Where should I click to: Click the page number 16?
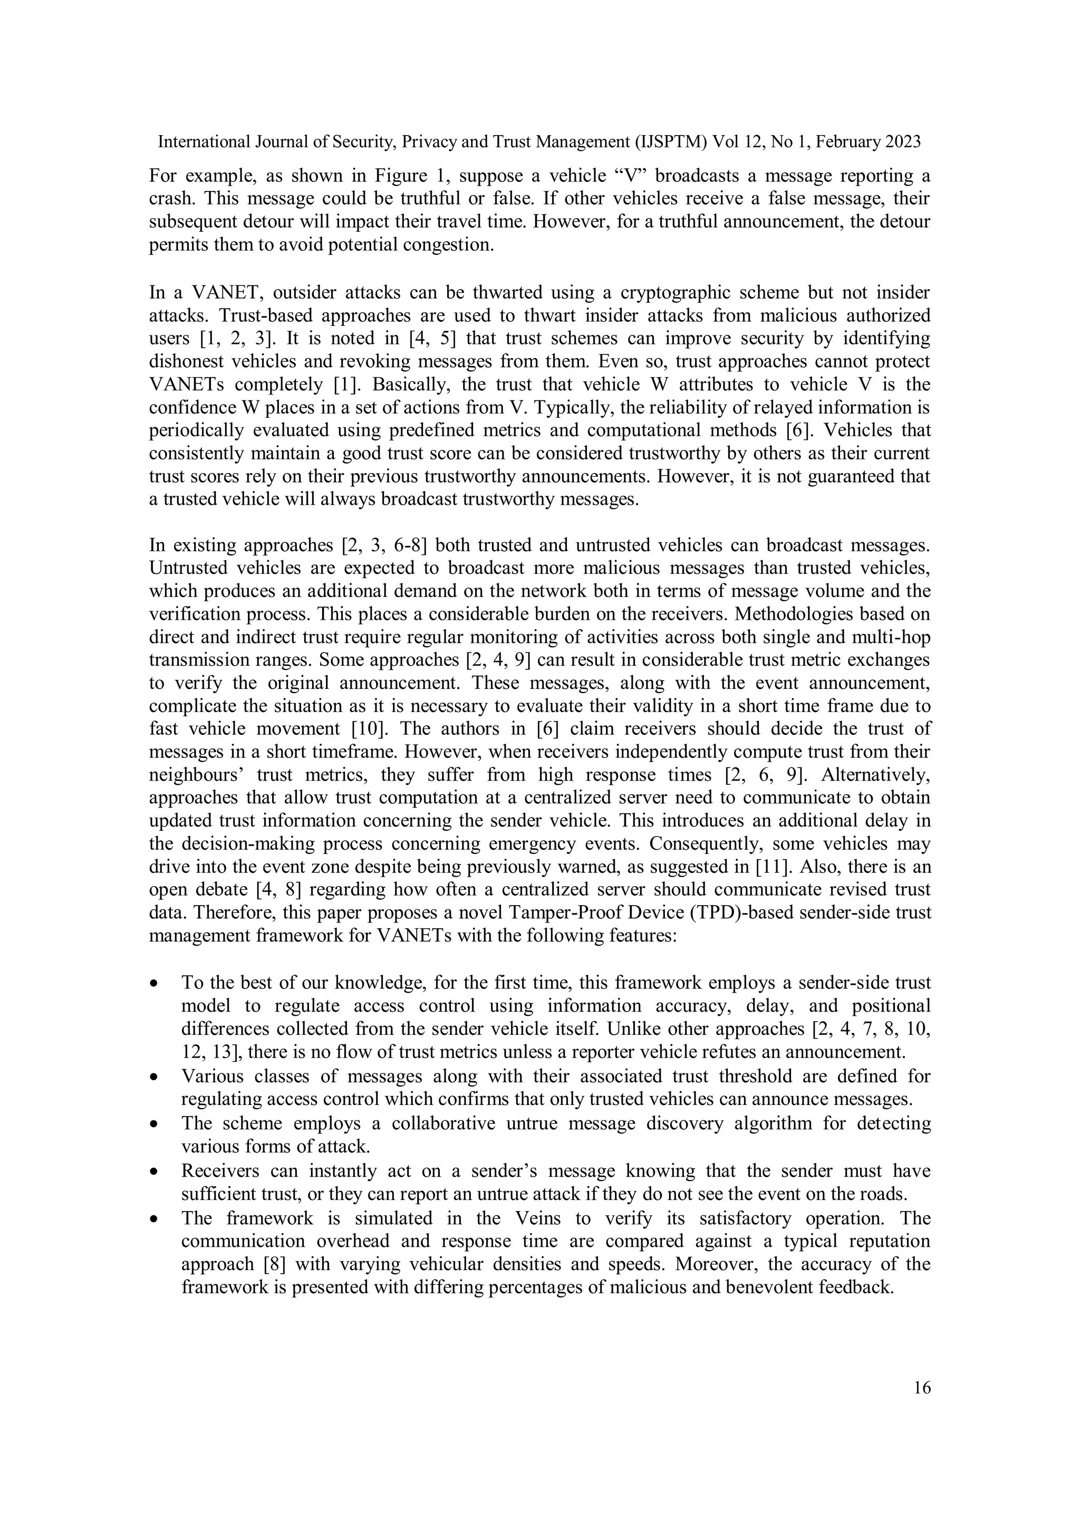click(x=922, y=1388)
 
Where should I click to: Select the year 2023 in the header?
click(x=902, y=142)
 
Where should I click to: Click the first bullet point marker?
click(x=155, y=984)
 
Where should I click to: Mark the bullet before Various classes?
click(x=155, y=1076)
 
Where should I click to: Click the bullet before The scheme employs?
click(x=155, y=1123)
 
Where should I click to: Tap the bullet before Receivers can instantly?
click(x=155, y=1170)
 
